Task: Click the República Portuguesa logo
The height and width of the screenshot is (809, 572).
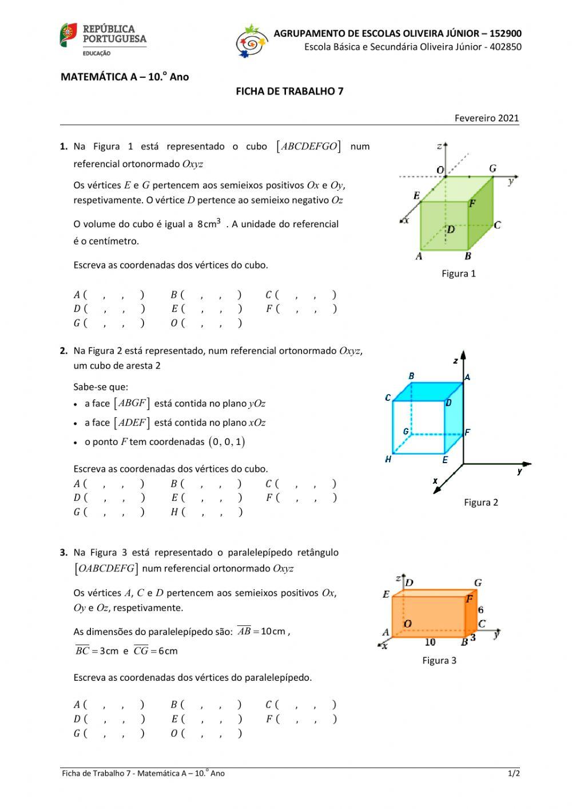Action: tap(103, 39)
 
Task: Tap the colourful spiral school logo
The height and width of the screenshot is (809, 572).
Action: tap(252, 41)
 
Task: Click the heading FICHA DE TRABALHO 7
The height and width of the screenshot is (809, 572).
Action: tap(289, 91)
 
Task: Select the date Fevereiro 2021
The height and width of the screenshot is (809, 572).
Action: tap(487, 118)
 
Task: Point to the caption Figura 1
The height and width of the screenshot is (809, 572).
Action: tap(458, 274)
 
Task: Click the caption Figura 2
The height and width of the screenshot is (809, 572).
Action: tap(480, 503)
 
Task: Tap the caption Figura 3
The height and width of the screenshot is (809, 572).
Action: tap(439, 661)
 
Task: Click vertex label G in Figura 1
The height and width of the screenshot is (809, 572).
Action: tap(492, 168)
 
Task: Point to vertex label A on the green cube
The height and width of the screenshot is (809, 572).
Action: tap(419, 256)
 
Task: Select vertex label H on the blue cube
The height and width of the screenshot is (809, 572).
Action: tap(388, 460)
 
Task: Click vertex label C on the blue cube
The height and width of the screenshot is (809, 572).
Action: tap(388, 397)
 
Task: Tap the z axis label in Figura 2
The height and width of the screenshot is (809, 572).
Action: tap(455, 361)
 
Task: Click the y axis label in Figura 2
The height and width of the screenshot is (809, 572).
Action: tap(519, 471)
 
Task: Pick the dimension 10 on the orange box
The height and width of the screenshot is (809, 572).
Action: tap(430, 642)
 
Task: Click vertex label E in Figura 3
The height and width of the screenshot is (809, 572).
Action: tap(386, 594)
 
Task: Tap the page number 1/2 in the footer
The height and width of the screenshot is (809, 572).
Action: tap(513, 774)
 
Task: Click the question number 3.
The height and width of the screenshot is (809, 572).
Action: tap(64, 553)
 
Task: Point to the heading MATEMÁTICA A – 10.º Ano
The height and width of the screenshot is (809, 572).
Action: tap(125, 77)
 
